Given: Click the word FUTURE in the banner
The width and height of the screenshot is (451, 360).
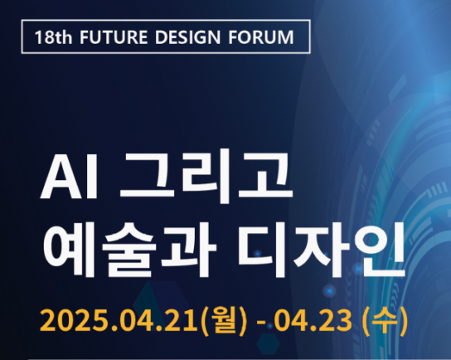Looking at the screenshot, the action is coord(114,37).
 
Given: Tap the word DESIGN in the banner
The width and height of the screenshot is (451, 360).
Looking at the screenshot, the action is coord(188,37).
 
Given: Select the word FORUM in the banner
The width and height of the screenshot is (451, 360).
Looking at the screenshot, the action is coord(261,37).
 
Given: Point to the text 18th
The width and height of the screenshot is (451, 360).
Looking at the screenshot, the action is coord(53,37).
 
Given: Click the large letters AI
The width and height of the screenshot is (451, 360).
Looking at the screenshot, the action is coord(69,178).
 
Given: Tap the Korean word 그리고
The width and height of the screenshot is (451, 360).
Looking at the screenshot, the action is coord(206,176).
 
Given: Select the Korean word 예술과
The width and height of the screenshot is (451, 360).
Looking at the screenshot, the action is coord(129,250).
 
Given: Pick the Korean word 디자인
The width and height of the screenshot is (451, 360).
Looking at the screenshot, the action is coord(322,250).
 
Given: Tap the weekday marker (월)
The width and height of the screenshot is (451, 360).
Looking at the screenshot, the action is coord(224,320).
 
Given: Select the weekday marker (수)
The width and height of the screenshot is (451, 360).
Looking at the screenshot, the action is coord(386,320).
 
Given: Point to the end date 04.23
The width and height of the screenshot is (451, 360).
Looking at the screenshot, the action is coord(313,320).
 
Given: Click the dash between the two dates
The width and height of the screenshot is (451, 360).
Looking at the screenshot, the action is coord(261,323).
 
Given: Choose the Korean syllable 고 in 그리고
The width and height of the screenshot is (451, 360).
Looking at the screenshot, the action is coord(265,175).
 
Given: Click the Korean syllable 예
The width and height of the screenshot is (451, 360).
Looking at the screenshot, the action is coord(69,250).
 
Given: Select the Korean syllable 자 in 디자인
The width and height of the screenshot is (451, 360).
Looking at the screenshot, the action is coord(322,250).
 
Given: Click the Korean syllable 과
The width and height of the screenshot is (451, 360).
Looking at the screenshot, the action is coord(189,250).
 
